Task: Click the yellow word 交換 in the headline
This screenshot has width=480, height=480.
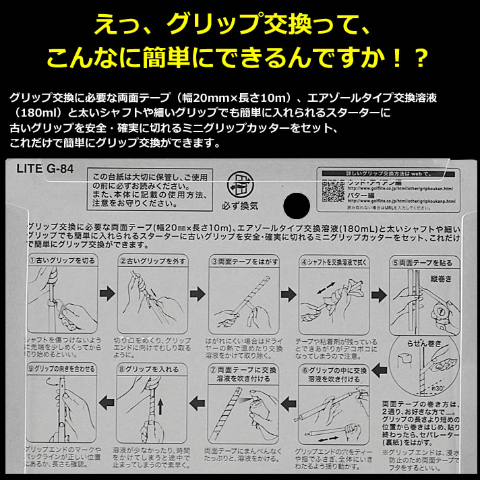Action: pyautogui.click(x=269, y=26)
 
